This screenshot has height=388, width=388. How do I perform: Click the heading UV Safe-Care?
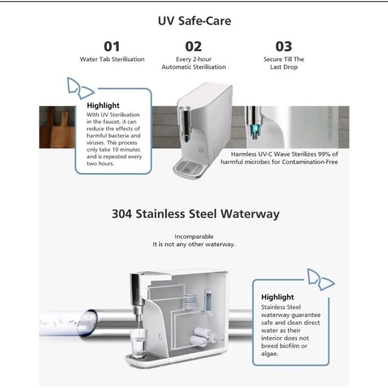point(194,21)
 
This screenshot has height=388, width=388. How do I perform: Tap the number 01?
point(112,47)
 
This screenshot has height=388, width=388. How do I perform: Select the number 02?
point(194,47)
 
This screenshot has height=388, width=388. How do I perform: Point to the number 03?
point(283,47)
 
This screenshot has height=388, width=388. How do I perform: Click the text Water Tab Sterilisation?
point(112,59)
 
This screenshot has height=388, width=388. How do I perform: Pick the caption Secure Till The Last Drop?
point(284,63)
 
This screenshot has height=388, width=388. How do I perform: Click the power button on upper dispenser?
point(201,150)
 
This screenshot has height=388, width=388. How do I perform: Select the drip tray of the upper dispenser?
point(190,168)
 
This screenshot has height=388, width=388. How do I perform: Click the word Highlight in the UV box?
point(103,106)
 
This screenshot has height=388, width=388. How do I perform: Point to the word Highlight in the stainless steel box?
point(278,297)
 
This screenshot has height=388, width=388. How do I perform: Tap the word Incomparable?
point(194,236)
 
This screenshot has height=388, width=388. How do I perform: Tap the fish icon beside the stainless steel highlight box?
point(321,280)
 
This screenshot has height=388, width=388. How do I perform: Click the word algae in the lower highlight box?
point(269,354)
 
